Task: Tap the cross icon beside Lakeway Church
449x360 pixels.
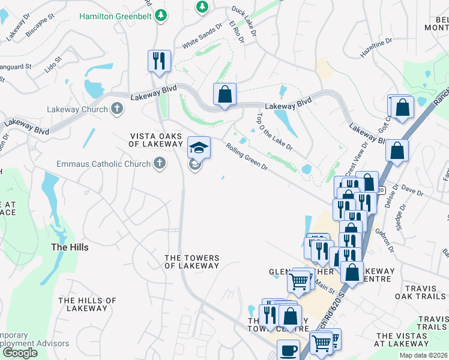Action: [x=117, y=109]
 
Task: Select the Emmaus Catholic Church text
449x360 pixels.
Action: [x=104, y=164]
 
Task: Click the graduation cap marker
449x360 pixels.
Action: [x=199, y=147]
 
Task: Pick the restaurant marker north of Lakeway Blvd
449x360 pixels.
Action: [x=159, y=61]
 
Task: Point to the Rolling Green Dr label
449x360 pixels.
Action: [x=247, y=155]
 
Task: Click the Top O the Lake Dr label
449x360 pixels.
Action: [x=274, y=132]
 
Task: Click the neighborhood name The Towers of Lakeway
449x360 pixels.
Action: [x=192, y=262]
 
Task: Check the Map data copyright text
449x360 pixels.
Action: [x=424, y=355]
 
